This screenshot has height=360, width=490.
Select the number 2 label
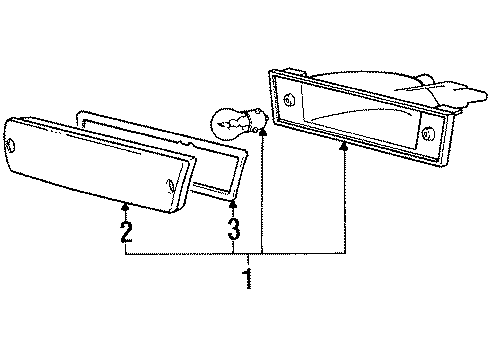tap(126, 233)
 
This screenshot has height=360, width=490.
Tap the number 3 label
tap(232, 233)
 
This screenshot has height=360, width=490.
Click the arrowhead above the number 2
tap(126, 206)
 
